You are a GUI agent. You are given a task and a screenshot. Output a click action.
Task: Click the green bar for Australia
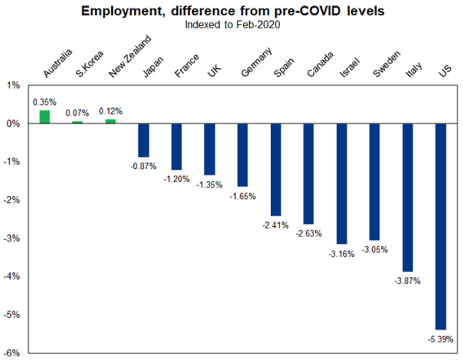click(44, 117)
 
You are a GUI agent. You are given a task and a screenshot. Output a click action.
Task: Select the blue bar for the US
click(441, 226)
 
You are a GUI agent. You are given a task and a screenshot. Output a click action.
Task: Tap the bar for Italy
click(408, 197)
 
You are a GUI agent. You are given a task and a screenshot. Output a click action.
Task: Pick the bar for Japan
click(143, 140)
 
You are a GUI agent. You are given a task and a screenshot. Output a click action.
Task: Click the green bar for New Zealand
click(110, 122)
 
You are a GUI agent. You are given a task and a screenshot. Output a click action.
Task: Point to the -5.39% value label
click(441, 339)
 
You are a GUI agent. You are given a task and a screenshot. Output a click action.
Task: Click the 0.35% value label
click(44, 101)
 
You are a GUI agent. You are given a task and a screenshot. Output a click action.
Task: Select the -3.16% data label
click(342, 254)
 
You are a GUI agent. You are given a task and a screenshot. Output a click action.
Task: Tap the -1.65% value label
click(243, 196)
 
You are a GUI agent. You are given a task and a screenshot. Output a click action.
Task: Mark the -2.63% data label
click(309, 234)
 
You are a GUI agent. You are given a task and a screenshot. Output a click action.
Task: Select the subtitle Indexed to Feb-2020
click(232, 24)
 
